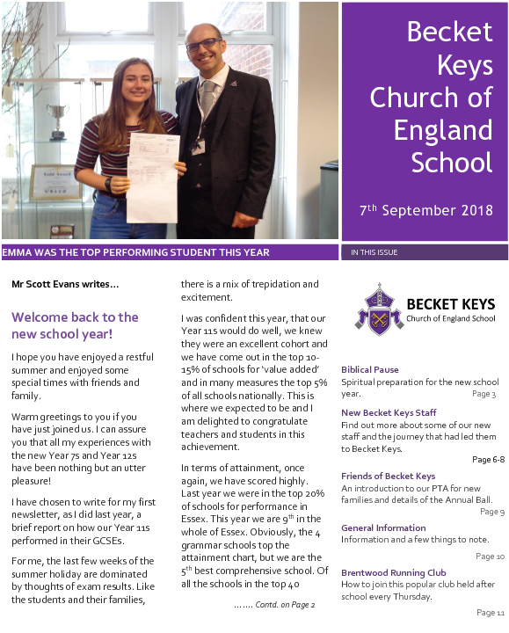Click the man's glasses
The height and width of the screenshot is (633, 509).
pyautogui.click(x=204, y=45)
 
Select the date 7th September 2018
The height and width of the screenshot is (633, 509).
pyautogui.click(x=426, y=210)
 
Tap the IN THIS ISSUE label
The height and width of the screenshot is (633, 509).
pyautogui.click(x=374, y=253)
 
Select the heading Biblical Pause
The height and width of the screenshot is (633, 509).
pyautogui.click(x=369, y=370)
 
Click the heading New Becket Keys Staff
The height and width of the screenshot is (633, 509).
pyautogui.click(x=389, y=412)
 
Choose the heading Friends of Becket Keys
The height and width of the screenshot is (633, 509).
pyautogui.click(x=388, y=477)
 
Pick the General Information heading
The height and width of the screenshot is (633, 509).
pyautogui.click(x=383, y=527)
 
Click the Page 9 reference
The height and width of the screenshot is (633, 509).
pyautogui.click(x=491, y=512)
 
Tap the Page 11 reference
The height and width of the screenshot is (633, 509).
pyautogui.click(x=490, y=612)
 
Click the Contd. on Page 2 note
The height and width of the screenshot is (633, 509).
pyautogui.click(x=274, y=605)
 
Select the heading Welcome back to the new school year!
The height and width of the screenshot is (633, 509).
pyautogui.click(x=75, y=325)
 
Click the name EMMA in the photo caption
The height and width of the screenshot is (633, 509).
pyautogui.click(x=18, y=253)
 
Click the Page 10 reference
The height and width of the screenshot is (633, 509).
pyautogui.click(x=490, y=557)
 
